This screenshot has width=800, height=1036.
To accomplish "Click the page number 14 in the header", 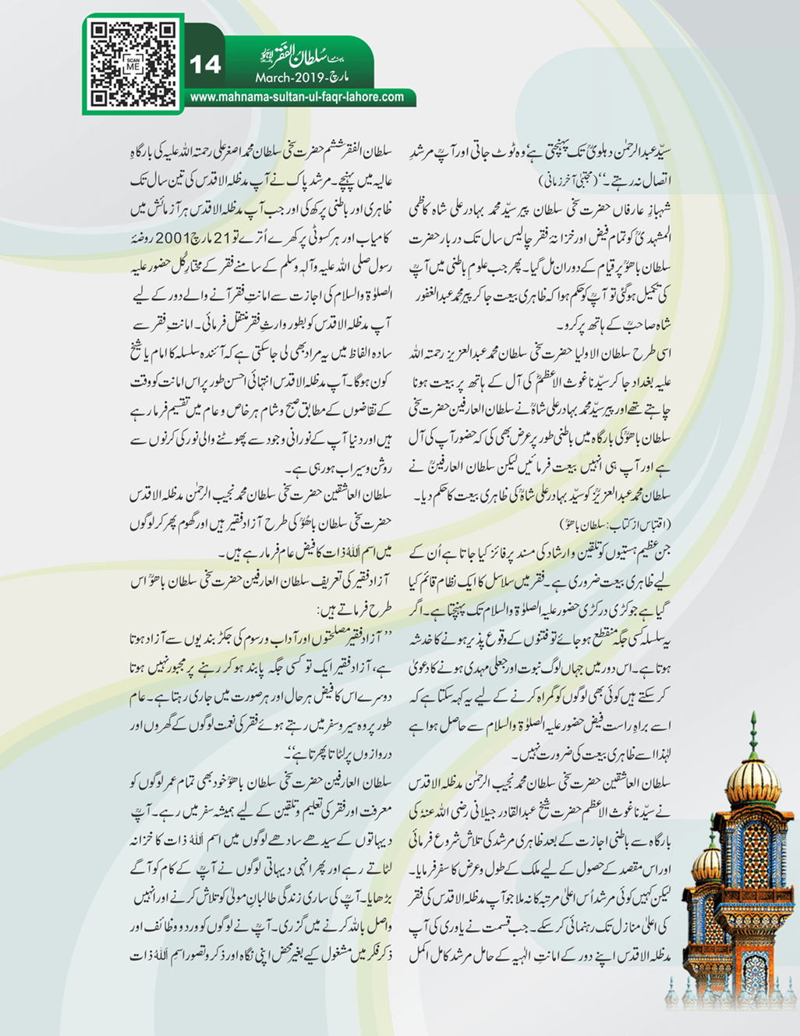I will click(x=205, y=64).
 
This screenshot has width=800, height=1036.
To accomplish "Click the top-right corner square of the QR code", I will click(x=166, y=32).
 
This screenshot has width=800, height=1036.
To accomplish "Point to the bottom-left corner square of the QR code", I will click(x=99, y=98).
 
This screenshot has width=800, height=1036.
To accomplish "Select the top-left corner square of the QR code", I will click(x=99, y=32).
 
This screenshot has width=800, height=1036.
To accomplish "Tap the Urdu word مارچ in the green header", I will click(x=338, y=79).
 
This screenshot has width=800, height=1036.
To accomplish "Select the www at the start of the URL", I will click(x=204, y=98).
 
